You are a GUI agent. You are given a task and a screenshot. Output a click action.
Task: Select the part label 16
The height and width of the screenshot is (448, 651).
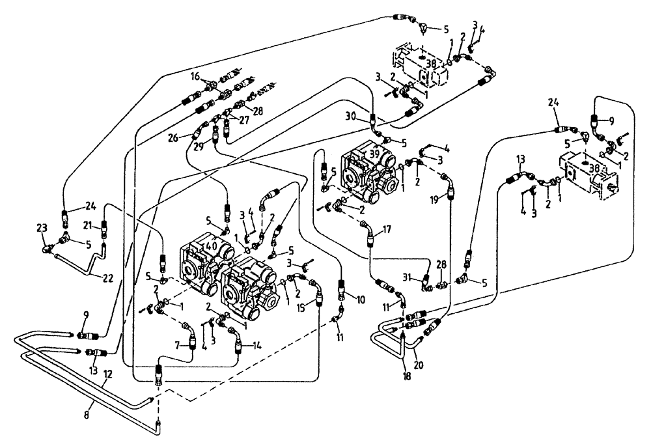click(x=194, y=76)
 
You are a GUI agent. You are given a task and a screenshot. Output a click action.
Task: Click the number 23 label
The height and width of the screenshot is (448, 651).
click(x=42, y=228)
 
